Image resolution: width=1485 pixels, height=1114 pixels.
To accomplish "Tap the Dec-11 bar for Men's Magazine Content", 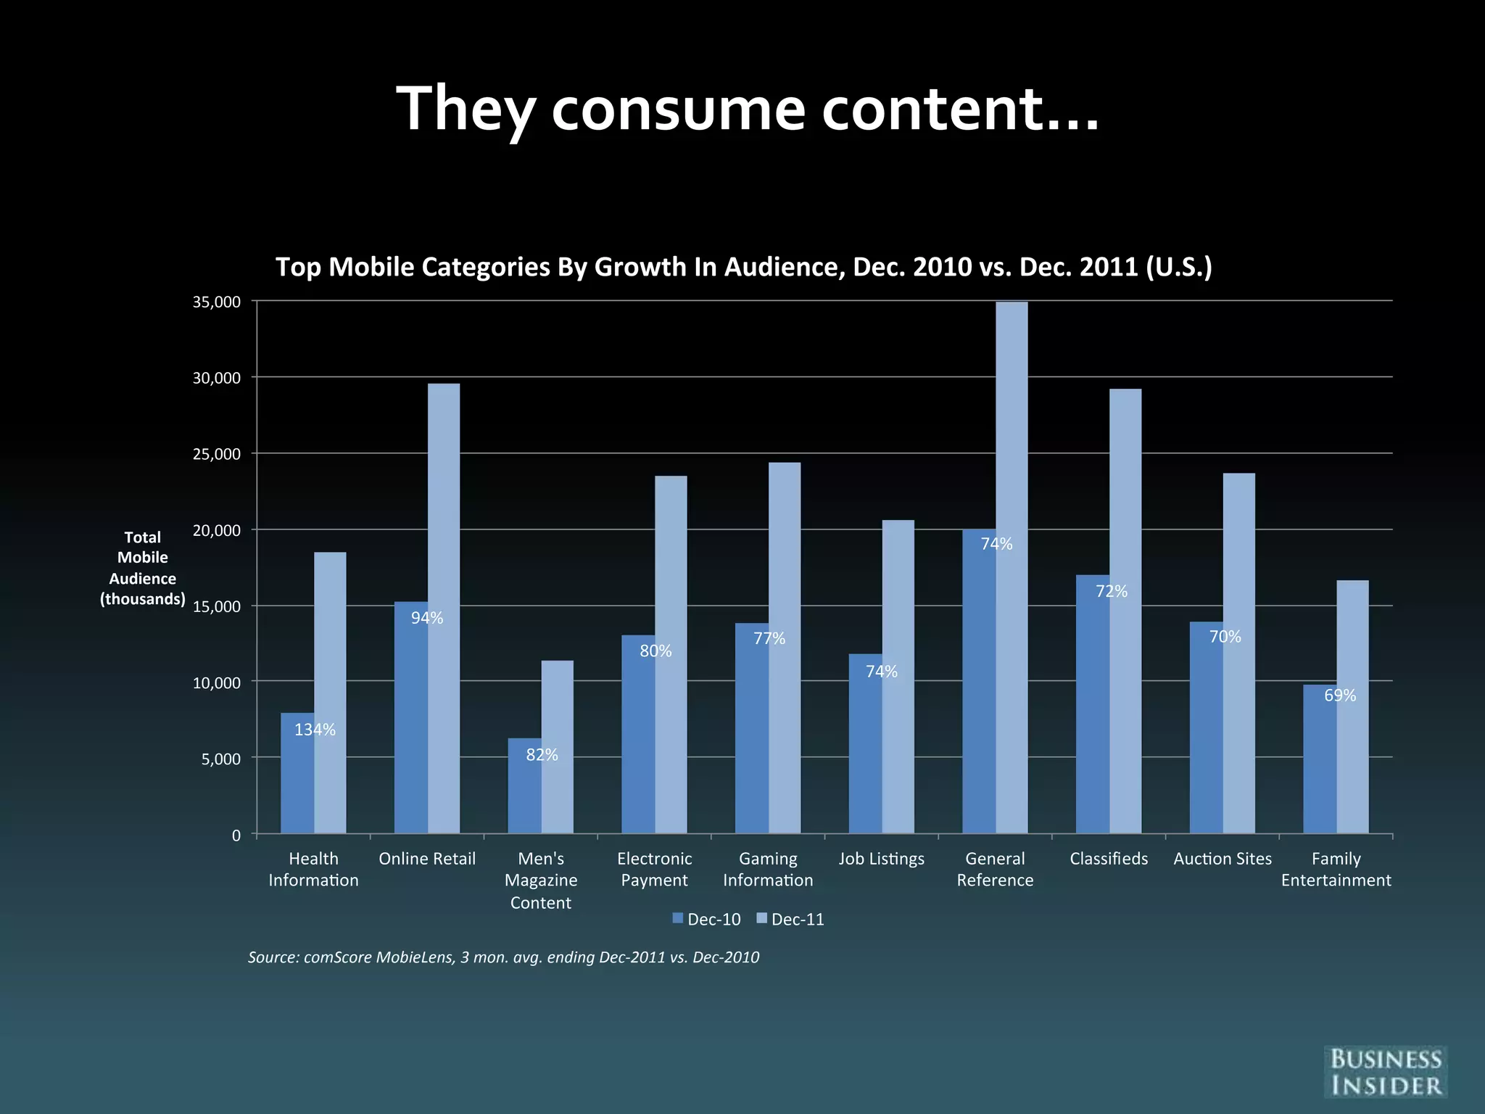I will coord(557,747).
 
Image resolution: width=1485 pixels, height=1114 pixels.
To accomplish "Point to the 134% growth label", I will coord(315,730).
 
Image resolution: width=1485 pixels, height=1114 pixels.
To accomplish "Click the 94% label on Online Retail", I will coord(427,618).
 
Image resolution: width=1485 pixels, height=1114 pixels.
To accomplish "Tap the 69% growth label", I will coord(1340,696).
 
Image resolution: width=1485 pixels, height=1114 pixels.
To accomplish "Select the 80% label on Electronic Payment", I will coord(655,651).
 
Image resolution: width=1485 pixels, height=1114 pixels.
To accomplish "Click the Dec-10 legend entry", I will coord(707,920).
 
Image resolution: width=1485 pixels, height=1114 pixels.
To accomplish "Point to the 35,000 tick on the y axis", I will coord(217,302).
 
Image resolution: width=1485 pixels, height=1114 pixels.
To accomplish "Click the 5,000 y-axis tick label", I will coord(220,759).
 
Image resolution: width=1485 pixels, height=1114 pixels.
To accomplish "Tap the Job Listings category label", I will coord(881,859).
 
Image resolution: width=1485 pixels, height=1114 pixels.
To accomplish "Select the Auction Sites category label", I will coord(1223,859).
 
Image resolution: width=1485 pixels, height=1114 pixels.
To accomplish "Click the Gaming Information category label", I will coord(768,869).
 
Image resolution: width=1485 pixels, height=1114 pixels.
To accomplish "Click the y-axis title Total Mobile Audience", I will coord(143,568).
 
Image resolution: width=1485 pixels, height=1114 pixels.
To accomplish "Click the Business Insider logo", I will coord(1385,1072).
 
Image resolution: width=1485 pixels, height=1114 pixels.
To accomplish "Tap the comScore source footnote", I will coord(503,957).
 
